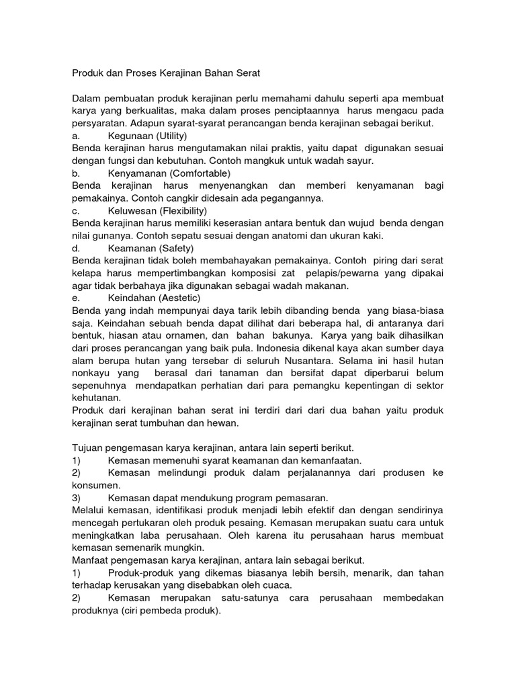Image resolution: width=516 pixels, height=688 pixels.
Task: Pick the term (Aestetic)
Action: pos(176,298)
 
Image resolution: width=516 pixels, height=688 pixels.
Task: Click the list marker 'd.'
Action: pos(76,248)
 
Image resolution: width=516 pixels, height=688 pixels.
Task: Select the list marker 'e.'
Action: pos(76,298)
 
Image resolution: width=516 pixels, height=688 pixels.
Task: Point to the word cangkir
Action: pos(174,198)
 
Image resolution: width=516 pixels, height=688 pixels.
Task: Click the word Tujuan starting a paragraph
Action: pos(87,448)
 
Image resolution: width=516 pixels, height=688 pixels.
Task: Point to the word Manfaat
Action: pos(90,560)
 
